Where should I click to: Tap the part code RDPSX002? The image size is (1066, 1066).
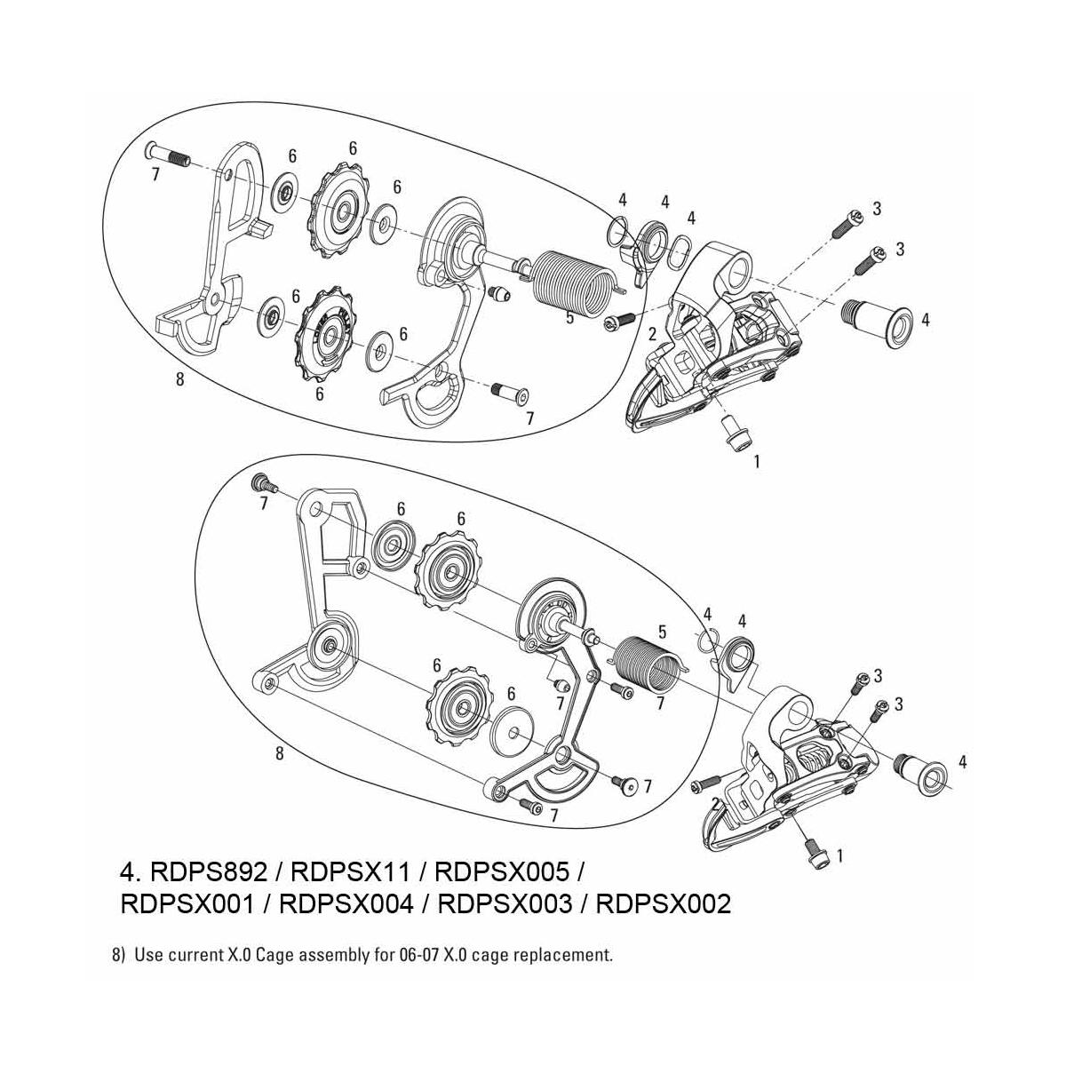pyautogui.click(x=663, y=904)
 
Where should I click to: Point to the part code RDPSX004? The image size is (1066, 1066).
pyautogui.click(x=347, y=904)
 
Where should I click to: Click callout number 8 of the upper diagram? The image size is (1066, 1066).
pyautogui.click(x=179, y=379)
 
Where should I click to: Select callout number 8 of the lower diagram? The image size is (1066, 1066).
pyautogui.click(x=279, y=753)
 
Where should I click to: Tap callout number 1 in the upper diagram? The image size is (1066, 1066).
pyautogui.click(x=756, y=462)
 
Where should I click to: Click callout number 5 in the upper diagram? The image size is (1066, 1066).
pyautogui.click(x=570, y=316)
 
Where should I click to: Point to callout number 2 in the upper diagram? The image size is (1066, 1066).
pyautogui.click(x=652, y=334)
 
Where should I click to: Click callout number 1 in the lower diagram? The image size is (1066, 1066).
pyautogui.click(x=840, y=856)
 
